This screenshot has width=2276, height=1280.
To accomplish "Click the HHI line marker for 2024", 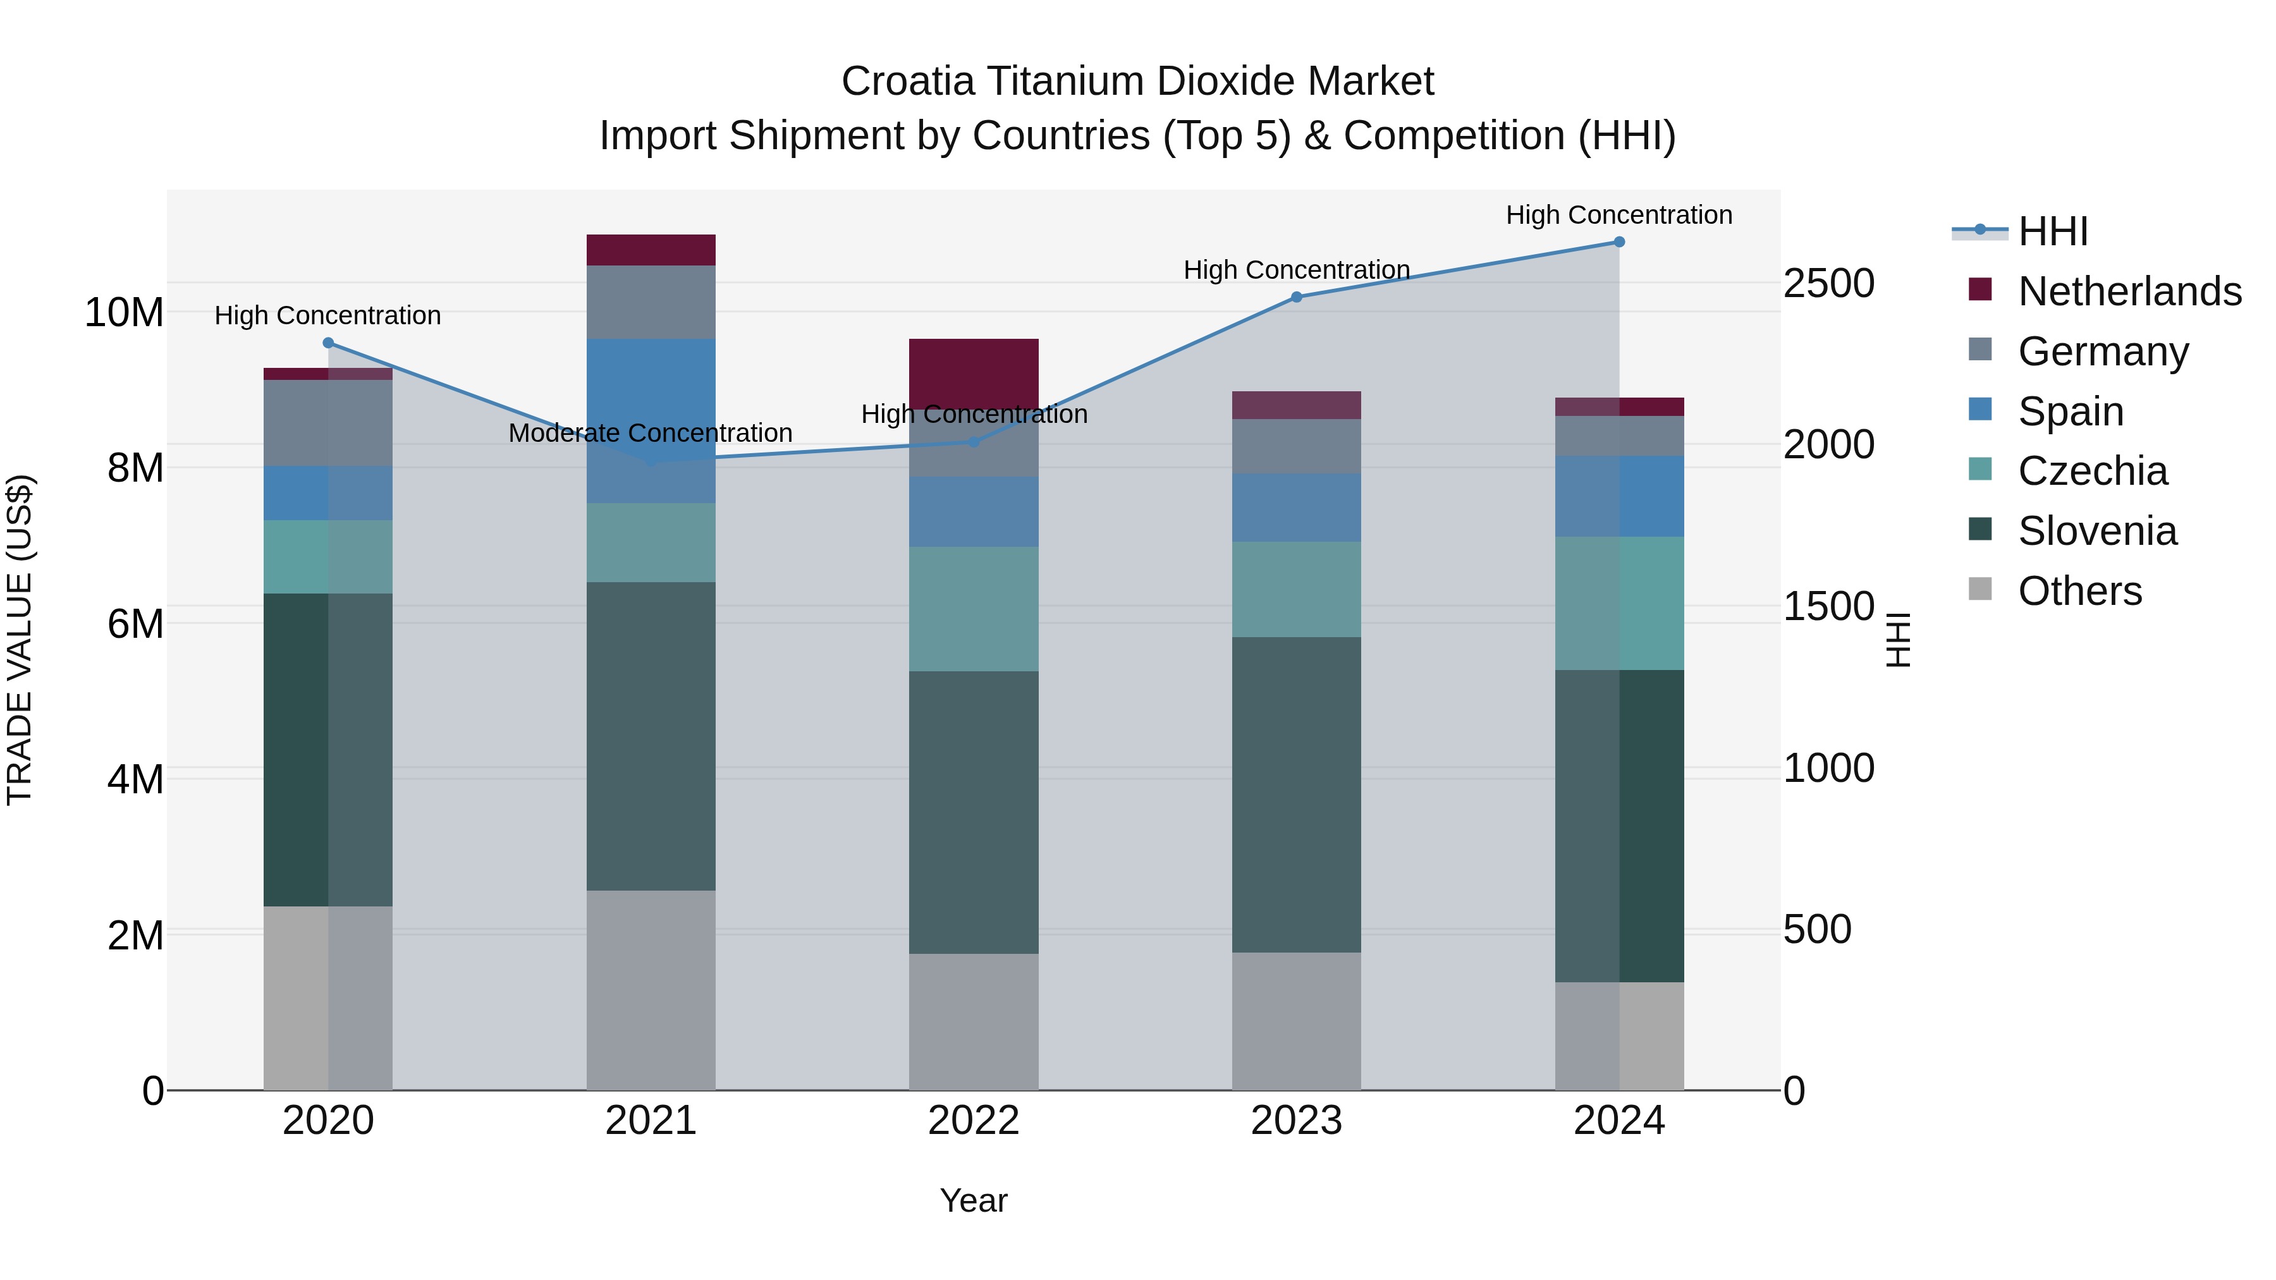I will (x=1618, y=242).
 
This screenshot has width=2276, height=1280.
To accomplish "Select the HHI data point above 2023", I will (x=1296, y=297).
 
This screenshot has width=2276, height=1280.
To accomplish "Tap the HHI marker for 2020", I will (x=327, y=343).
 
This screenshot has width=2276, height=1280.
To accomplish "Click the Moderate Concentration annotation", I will (x=651, y=433).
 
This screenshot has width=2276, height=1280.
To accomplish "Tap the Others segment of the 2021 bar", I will (x=651, y=989).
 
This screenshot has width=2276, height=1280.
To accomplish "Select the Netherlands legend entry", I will (x=2129, y=291).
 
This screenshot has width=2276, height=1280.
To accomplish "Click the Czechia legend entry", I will (x=2092, y=471).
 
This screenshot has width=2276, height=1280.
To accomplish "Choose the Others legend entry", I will (x=2080, y=591).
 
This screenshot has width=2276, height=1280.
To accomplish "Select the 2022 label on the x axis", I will (x=974, y=1121).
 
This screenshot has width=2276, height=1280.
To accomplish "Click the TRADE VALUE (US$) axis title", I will (x=20, y=640).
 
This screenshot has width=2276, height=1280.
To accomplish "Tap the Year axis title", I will (x=974, y=1200).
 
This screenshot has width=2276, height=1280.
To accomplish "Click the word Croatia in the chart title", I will (x=907, y=82).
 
